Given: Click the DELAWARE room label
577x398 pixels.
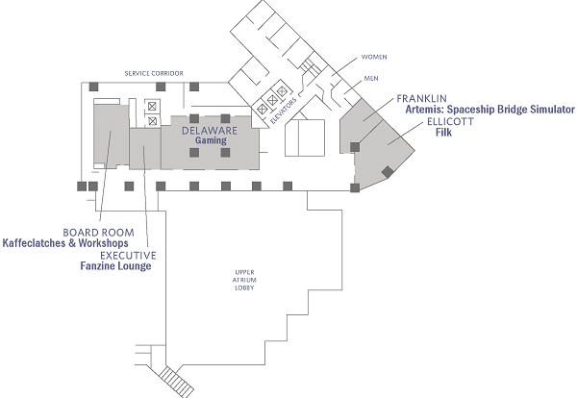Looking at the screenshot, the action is [210, 130].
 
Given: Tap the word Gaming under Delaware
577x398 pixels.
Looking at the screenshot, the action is [211, 140].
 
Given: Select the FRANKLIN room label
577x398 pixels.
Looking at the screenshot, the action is [422, 99].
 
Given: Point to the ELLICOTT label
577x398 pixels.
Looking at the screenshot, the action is [450, 122].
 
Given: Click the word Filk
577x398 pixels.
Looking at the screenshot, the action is [443, 132].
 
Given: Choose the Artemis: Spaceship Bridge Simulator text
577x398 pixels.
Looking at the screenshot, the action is [489, 110].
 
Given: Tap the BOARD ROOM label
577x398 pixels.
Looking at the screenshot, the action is [99, 233].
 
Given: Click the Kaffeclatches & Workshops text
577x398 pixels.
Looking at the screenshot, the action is [65, 243].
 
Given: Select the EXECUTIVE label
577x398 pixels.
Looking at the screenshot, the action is [128, 256].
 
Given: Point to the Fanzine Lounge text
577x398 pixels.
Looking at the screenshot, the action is [115, 266].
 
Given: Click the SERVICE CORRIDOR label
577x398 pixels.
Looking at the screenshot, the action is [154, 73].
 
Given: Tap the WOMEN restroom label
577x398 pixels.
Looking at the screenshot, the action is [374, 57].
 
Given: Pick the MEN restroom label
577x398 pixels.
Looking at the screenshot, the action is [371, 78].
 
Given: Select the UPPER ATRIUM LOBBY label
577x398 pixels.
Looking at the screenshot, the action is [244, 280].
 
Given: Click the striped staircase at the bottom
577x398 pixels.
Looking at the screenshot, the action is [176, 381].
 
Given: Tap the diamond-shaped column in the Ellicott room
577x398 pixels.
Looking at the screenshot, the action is [388, 172].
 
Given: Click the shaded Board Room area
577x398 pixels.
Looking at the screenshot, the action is [111, 136].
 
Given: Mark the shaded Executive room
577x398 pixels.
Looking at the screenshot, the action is [145, 149].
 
